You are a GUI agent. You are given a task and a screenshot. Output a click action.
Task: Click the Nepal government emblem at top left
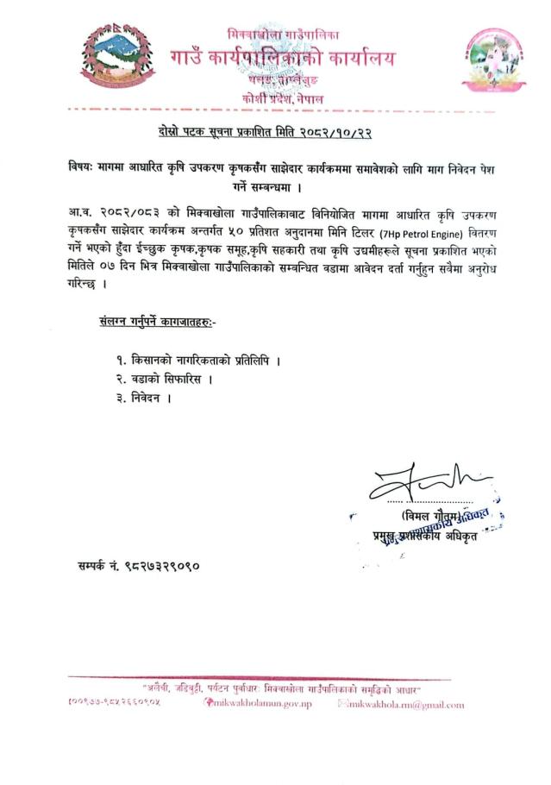coord(115,59)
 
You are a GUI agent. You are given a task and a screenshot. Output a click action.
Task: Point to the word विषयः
coord(86,166)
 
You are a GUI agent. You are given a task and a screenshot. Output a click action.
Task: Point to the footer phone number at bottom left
coord(113,704)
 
